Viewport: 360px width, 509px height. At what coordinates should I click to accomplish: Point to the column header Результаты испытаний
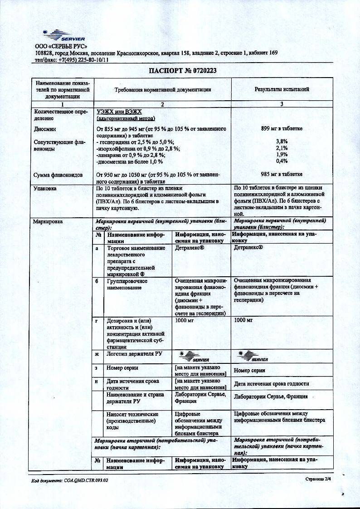tap(282, 90)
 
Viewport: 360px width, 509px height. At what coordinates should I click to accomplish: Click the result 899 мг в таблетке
tap(282, 129)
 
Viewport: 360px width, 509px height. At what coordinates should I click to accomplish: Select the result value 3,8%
tap(282, 142)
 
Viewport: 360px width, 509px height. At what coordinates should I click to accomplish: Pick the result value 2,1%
tap(282, 148)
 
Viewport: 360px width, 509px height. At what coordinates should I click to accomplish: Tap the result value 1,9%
tap(282, 154)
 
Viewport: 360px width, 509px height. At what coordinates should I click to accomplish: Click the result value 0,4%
tap(282, 161)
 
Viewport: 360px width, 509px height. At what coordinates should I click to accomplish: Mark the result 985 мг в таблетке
tap(282, 174)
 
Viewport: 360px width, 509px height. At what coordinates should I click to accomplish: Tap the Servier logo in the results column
tap(253, 356)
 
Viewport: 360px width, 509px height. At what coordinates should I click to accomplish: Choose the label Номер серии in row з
tap(122, 368)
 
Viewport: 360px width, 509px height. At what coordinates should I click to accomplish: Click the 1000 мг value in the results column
tap(243, 320)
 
